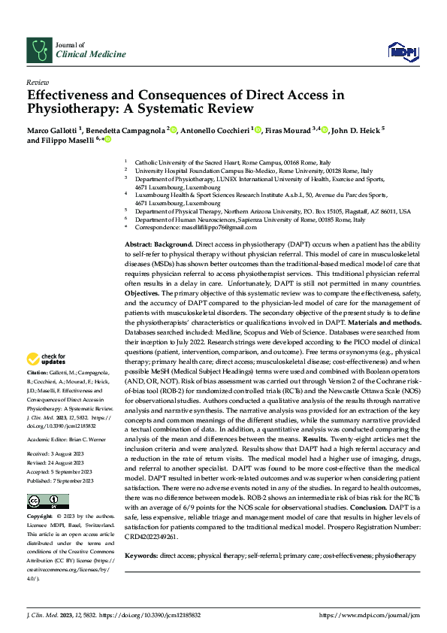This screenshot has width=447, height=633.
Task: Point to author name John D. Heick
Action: point(357,130)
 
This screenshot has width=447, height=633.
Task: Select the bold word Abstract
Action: point(140,245)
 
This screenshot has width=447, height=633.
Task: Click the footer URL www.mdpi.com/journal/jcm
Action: point(368,615)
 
